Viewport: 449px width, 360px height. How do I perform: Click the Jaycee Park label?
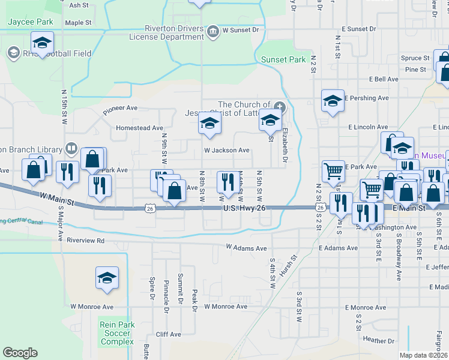[31, 22]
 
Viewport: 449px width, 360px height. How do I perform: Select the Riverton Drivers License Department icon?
[212, 31]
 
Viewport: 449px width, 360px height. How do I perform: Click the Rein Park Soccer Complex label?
[117, 333]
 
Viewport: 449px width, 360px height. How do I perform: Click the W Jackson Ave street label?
[226, 151]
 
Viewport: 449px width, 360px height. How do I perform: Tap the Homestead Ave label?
[140, 128]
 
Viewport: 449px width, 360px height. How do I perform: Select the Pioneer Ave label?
[120, 109]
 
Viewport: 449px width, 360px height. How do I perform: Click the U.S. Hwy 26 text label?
[244, 208]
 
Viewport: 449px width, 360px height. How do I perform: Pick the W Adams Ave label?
[246, 247]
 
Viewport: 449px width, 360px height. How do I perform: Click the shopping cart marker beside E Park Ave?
[333, 171]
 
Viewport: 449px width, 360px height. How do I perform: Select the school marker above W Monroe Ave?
[107, 277]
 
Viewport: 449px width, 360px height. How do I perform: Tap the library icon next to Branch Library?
[71, 148]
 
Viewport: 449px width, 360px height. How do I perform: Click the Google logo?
[20, 353]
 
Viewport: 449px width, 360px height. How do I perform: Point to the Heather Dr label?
[378, 340]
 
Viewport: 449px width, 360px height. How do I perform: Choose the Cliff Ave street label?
[168, 334]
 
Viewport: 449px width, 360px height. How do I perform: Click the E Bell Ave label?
[384, 79]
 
